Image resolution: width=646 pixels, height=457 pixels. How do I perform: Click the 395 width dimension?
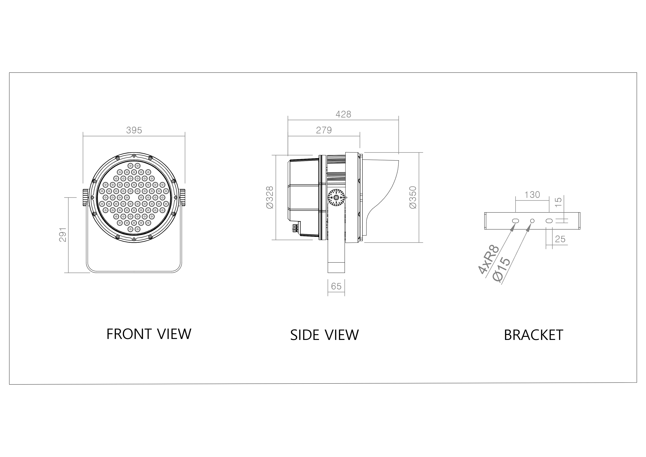[x=134, y=130]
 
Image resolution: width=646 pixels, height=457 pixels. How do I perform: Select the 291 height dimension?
[x=63, y=235]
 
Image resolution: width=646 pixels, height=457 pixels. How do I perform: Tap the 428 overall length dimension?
[x=343, y=114]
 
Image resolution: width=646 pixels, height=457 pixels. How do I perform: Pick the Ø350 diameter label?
[x=413, y=197]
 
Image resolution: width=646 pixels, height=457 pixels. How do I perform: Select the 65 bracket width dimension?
[x=336, y=286]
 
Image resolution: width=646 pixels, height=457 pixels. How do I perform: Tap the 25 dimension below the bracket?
[x=560, y=239]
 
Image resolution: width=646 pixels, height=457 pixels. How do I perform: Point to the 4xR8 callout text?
[x=489, y=259]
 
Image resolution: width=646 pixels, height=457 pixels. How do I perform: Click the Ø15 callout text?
[x=502, y=269]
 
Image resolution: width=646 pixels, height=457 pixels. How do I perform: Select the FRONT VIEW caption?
[x=149, y=334]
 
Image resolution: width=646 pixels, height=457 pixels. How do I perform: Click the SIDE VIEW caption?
[x=324, y=335]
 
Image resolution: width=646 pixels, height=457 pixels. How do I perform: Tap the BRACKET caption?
[x=533, y=335]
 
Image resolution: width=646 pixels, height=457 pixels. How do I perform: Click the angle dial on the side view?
[x=336, y=198]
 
